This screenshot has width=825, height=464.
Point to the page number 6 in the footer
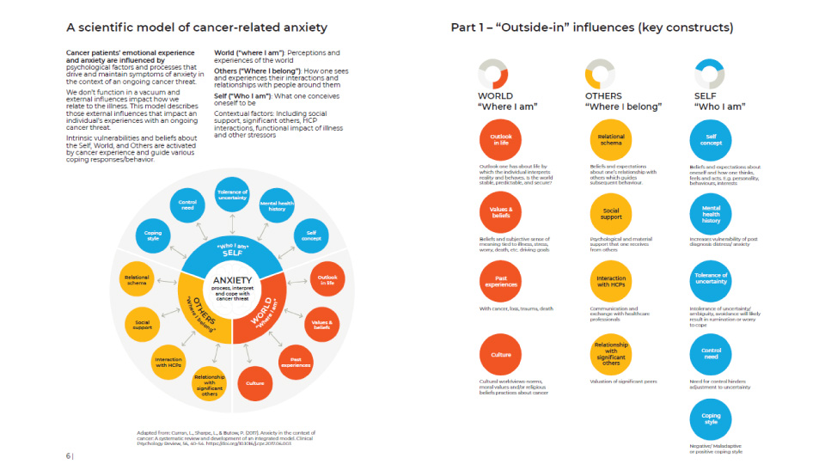coord(68,455)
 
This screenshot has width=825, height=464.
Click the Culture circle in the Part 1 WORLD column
coord(500,354)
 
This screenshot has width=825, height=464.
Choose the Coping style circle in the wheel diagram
coord(153,234)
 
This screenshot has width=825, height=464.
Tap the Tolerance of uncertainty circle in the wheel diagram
coord(232,196)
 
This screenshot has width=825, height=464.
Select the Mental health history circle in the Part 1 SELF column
coord(711,213)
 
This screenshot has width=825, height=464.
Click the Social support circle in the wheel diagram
coord(143,324)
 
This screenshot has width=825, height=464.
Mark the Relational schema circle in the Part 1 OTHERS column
coord(610,139)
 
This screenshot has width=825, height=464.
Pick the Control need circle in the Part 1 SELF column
coord(711,355)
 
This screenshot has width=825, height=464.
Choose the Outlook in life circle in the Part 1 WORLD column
coord(500,139)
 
